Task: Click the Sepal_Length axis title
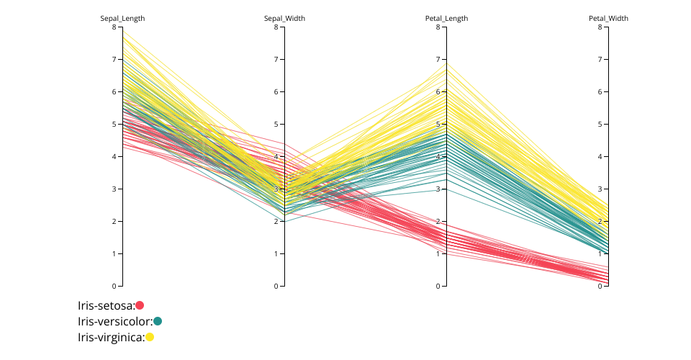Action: (x=122, y=19)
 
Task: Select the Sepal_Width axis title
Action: (x=284, y=19)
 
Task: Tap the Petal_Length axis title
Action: (x=446, y=19)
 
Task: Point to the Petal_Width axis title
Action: (x=608, y=19)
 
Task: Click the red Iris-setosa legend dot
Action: (x=140, y=305)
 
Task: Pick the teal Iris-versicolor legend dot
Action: (x=158, y=321)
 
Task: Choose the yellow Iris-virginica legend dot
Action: (x=150, y=337)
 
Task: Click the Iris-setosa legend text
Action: (x=106, y=305)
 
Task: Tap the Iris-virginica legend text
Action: (x=111, y=337)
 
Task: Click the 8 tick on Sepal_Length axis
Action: (x=114, y=27)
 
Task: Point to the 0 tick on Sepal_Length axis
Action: (x=114, y=287)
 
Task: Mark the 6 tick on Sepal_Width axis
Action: (x=276, y=92)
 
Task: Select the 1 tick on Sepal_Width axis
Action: (x=276, y=254)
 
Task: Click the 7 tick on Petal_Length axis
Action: (x=438, y=60)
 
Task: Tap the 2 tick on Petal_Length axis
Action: (x=438, y=222)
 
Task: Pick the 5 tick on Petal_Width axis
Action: (x=600, y=125)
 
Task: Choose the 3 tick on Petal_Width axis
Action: (x=600, y=189)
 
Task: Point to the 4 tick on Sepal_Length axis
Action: (x=114, y=157)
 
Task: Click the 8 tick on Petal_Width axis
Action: (x=600, y=27)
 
